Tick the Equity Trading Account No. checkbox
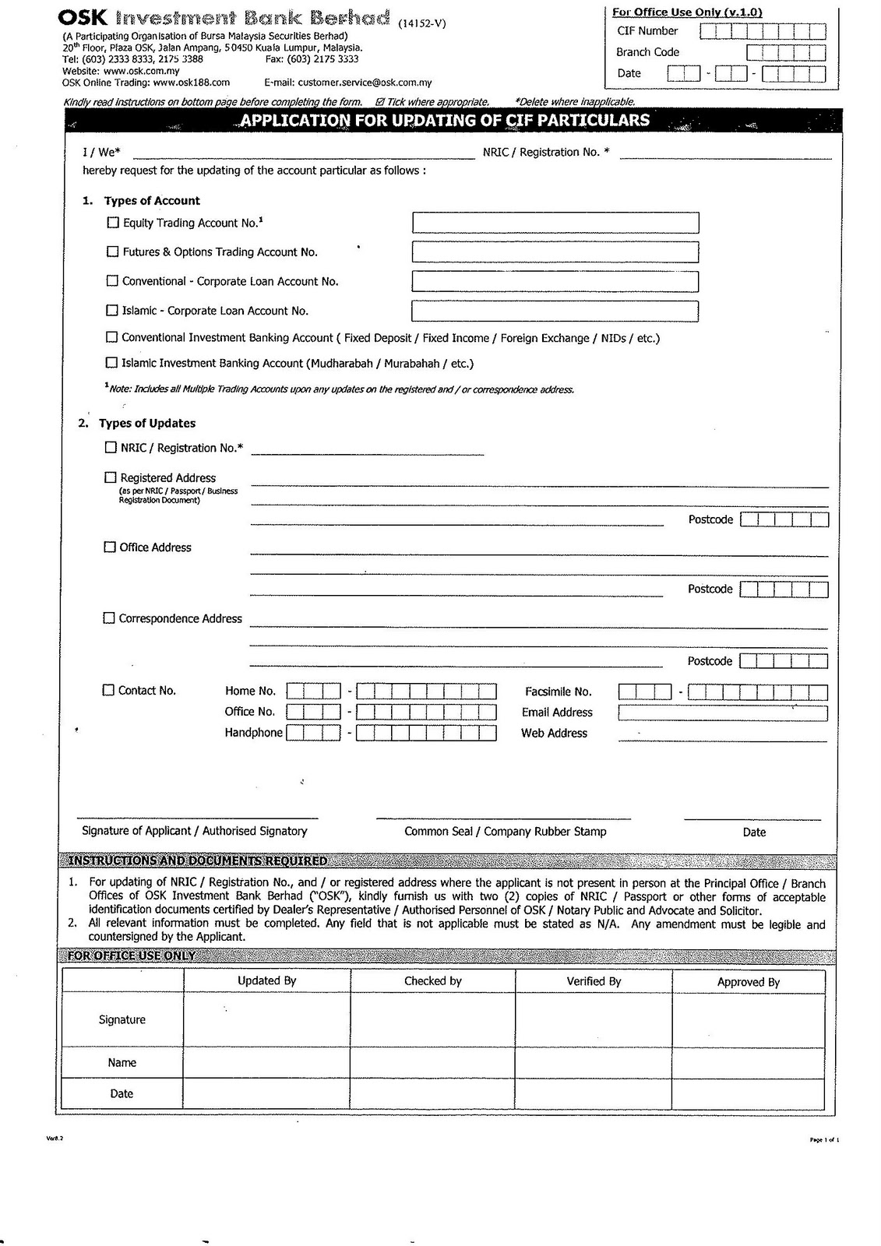(x=113, y=223)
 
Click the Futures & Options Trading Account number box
(x=555, y=252)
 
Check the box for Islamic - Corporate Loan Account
(x=112, y=311)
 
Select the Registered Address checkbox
(x=110, y=477)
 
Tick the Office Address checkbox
(x=110, y=547)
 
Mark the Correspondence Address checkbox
(x=109, y=618)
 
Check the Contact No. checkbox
(x=109, y=690)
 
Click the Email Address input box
(x=722, y=713)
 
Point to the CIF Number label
(x=647, y=31)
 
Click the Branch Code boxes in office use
(x=785, y=52)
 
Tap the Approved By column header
(x=748, y=982)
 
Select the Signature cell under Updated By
(x=266, y=1020)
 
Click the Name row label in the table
(x=122, y=1063)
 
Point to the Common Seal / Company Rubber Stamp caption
(x=505, y=832)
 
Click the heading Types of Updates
(x=146, y=424)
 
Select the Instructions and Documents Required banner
(x=198, y=861)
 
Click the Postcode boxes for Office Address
(x=784, y=590)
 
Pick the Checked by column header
(x=432, y=981)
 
